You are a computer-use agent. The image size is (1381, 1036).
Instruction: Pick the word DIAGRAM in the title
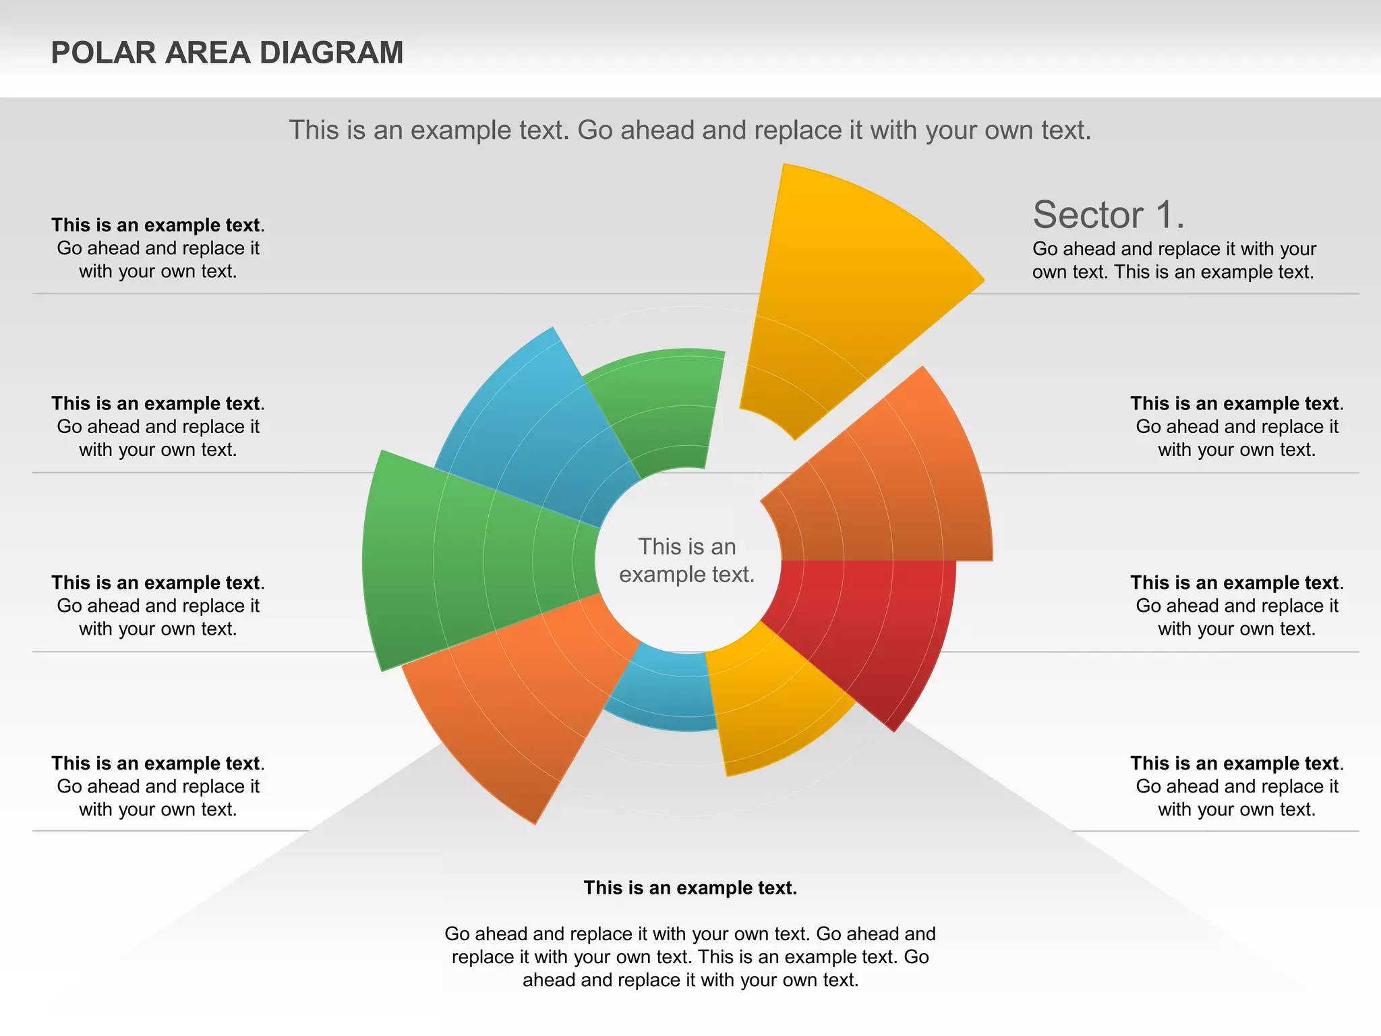point(331,53)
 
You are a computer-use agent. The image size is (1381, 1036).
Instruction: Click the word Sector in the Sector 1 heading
point(1088,215)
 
